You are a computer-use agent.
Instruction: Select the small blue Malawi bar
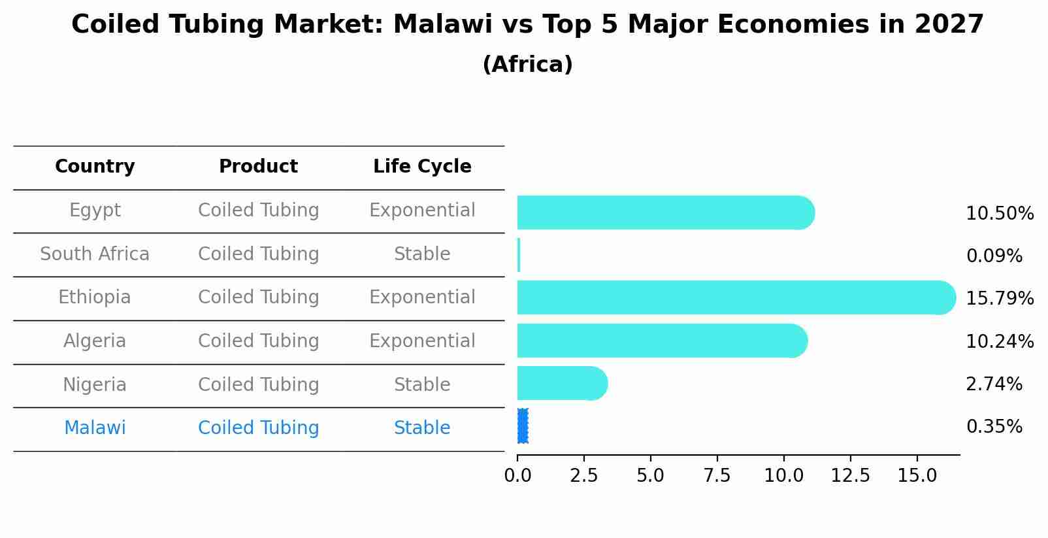coord(522,426)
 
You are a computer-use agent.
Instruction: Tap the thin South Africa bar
coord(519,255)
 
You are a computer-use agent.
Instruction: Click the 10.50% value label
coord(999,214)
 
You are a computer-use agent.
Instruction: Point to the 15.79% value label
coord(999,299)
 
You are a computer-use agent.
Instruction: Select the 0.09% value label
coord(994,256)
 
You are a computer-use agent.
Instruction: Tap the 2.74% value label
coord(994,384)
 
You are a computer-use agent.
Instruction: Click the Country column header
coord(95,167)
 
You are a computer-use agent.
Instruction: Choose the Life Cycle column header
coord(422,167)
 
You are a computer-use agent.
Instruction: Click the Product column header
coord(258,167)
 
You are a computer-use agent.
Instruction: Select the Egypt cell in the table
coord(95,210)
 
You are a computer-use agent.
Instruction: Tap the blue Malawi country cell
coord(95,428)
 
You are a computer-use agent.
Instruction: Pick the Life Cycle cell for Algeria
coord(422,341)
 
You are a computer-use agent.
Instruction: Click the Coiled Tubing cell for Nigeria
coord(258,385)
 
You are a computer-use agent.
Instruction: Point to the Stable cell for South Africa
coord(422,254)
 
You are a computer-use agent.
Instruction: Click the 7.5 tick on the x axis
coord(717,476)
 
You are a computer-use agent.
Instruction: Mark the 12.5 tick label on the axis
coord(850,476)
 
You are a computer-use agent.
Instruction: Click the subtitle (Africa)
coord(527,65)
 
